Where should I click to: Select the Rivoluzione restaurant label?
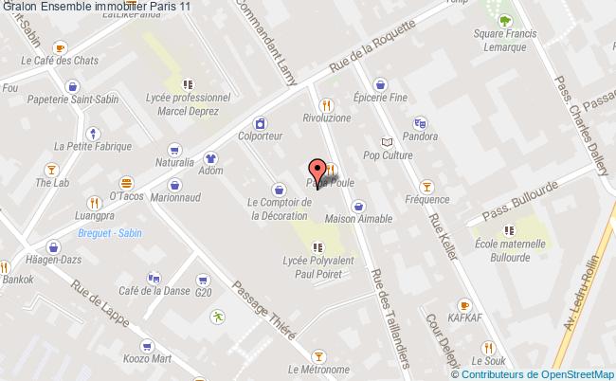(x=326, y=118)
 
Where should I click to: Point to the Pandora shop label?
(x=420, y=136)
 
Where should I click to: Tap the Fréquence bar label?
(x=426, y=199)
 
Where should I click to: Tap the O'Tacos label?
(x=125, y=196)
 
